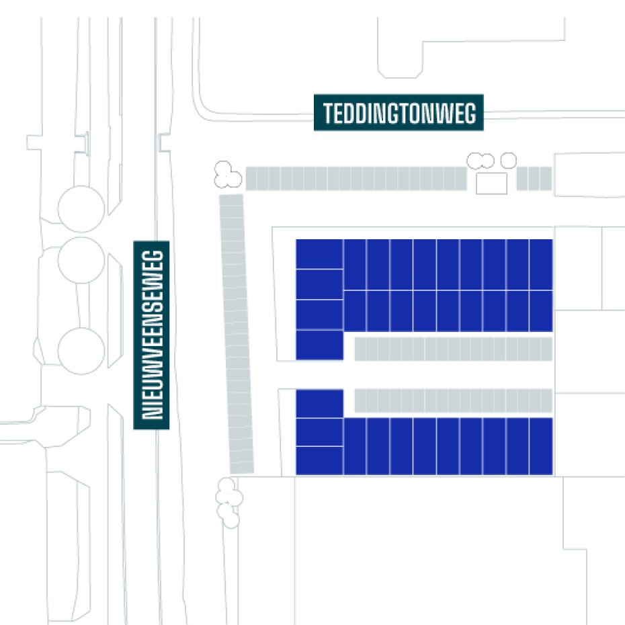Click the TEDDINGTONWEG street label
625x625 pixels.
pos(399,113)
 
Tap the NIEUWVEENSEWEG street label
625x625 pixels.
pos(153,335)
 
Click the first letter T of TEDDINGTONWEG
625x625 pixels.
pos(327,114)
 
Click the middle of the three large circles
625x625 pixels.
pos(81,259)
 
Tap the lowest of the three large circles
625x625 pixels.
pos(81,350)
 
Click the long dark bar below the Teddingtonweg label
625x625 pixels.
pos(356,179)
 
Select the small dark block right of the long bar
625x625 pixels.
pos(534,179)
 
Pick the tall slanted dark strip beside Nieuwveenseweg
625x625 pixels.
pos(237,334)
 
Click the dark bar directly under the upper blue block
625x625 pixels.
pos(453,349)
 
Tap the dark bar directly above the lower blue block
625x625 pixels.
pos(453,401)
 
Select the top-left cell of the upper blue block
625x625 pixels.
pos(319,254)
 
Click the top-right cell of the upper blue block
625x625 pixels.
pos(541,265)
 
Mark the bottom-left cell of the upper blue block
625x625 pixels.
pos(319,345)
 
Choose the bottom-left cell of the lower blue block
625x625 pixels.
pos(319,460)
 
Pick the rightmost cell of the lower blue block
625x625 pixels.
pos(541,446)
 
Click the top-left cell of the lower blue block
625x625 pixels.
pos(319,403)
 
